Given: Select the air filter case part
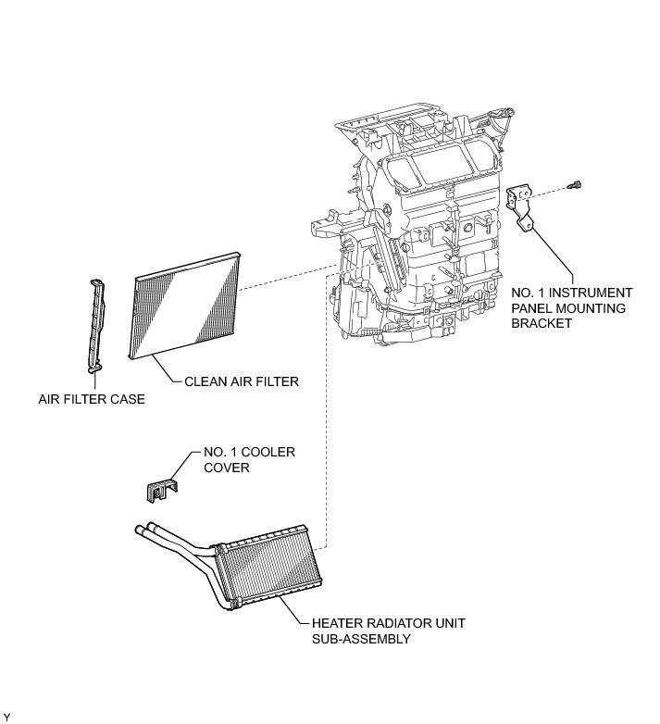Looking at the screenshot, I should pyautogui.click(x=95, y=324).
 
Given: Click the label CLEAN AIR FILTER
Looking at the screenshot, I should pyautogui.click(x=241, y=381).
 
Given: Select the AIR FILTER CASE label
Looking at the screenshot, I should pyautogui.click(x=92, y=400).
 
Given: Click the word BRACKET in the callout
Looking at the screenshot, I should pyautogui.click(x=542, y=324).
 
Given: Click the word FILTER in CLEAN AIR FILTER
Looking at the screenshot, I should pyautogui.click(x=279, y=381).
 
